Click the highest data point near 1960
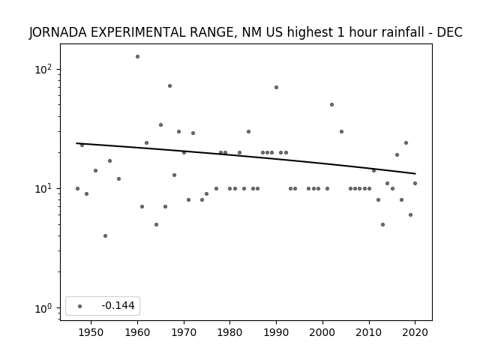[x=137, y=57]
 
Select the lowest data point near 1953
[x=105, y=235]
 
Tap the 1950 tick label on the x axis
[x=91, y=332]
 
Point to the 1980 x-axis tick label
[x=229, y=332]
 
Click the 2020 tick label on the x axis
[x=415, y=332]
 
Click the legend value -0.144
[x=118, y=305]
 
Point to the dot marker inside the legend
[x=80, y=306]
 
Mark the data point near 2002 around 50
[x=331, y=105]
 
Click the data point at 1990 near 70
[x=277, y=87]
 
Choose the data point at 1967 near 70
[x=170, y=85]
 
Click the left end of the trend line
[x=76, y=143]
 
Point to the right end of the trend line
[x=415, y=173]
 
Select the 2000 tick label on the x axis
[x=322, y=332]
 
